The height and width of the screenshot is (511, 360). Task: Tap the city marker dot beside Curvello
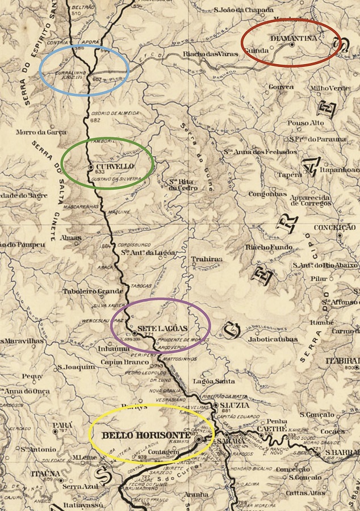[x=91, y=167]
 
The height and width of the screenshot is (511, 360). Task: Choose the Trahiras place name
[x=207, y=259]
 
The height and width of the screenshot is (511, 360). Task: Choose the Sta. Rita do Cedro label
[x=183, y=185]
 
